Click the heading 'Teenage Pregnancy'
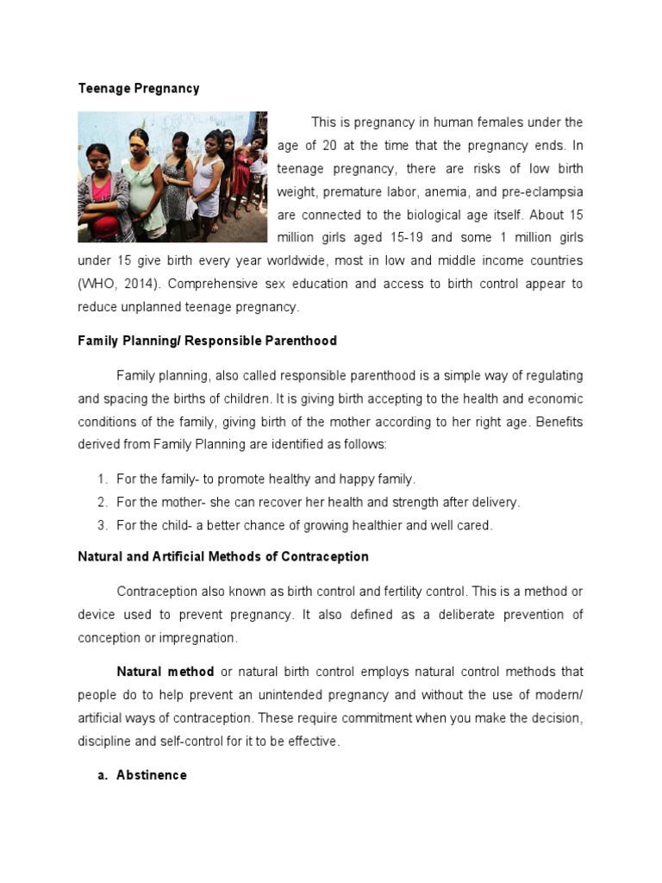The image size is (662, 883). tap(138, 89)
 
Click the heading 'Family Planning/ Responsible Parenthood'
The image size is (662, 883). tap(207, 341)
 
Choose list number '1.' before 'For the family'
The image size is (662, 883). tap(102, 479)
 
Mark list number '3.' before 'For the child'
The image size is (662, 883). tap(102, 525)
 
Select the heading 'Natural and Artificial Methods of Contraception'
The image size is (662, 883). tap(223, 556)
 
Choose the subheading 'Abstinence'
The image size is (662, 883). tap(152, 775)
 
